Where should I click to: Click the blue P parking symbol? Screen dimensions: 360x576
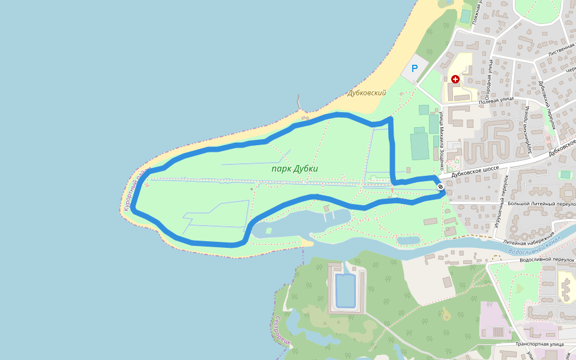tap(414, 69)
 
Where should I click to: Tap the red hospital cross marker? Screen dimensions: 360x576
tap(455, 79)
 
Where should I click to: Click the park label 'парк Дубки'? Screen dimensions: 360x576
tap(294, 169)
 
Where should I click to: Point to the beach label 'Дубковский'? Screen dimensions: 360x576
tap(367, 93)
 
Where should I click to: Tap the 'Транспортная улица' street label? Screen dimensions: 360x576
tap(539, 344)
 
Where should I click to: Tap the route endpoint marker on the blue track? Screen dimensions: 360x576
tap(441, 187)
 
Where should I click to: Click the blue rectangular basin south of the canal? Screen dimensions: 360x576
tap(345, 290)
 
